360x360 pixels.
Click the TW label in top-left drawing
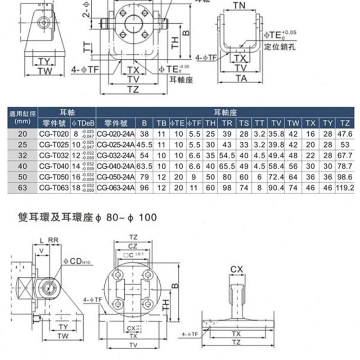pos(45,71)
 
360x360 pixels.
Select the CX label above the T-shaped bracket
pos(237,270)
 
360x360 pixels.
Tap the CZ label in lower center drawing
pos(133,246)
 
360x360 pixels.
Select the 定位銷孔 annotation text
pos(275,46)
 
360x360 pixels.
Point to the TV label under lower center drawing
pos(133,344)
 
